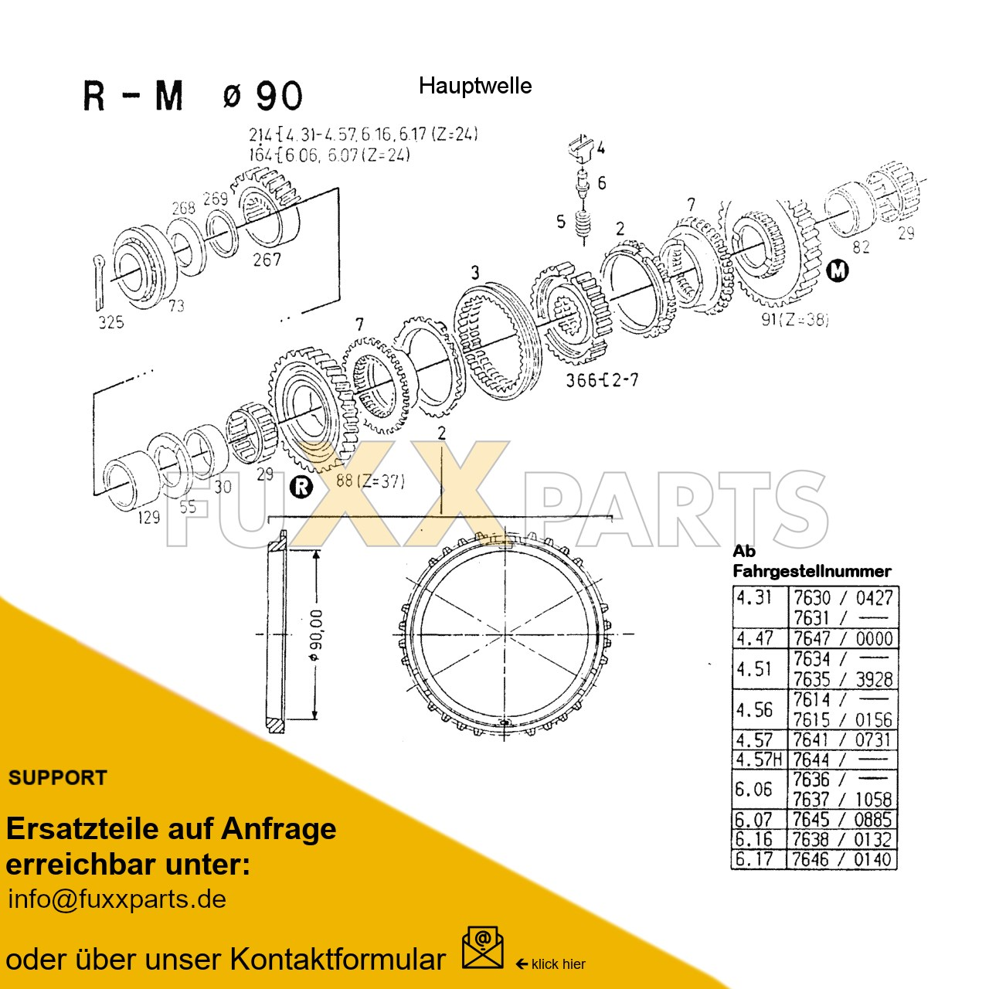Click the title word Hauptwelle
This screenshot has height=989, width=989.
pos(474,86)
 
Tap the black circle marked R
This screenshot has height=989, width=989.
pos(301,487)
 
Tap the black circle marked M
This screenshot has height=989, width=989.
pos(838,271)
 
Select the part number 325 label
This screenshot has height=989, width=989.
pos(110,322)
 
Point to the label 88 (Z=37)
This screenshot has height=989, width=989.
pos(370,481)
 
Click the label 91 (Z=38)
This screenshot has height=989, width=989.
pos(794,319)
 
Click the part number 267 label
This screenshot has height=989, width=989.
pos(267,260)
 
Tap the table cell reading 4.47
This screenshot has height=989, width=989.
pos(755,638)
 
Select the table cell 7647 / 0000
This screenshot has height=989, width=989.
pos(843,638)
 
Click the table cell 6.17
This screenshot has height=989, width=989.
pos(754,859)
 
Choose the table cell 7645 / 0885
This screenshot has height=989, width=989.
pos(842,819)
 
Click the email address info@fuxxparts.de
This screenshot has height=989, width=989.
pos(117,899)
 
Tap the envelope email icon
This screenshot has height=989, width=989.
pos(482,948)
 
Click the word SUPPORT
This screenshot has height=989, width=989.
pos(58,778)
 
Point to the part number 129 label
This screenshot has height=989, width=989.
pos(148,517)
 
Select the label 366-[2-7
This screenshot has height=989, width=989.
pos(602,379)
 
